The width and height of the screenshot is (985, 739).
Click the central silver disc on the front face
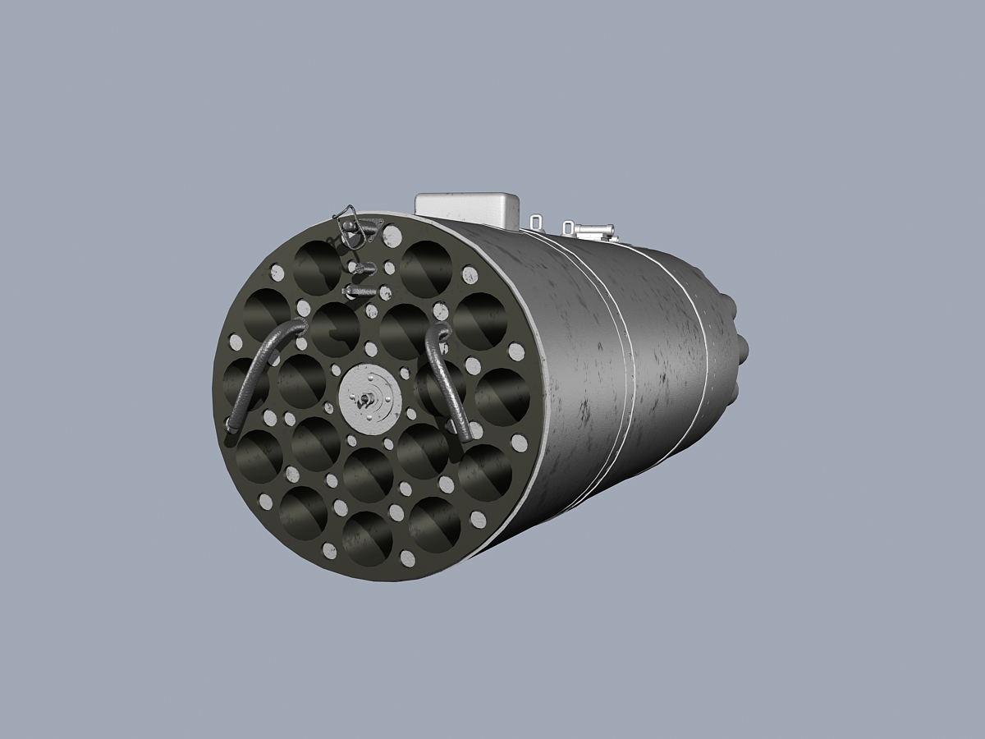370,398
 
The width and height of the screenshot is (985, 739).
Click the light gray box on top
467,208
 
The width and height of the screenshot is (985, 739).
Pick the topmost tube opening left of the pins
317,266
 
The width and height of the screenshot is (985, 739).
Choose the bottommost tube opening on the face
367,538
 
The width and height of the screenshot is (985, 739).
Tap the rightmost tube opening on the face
502,396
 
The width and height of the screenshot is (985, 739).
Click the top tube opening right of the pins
426,269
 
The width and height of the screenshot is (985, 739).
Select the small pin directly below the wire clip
361,268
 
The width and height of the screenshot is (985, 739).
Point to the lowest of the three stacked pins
360,291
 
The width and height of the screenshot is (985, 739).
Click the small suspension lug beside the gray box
536,222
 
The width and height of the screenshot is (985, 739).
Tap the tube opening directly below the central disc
367,474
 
